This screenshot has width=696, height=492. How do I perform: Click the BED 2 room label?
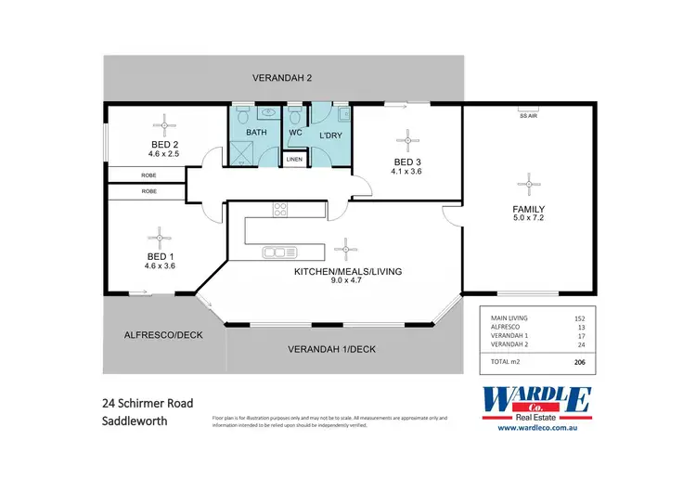click(162, 144)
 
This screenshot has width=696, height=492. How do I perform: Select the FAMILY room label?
click(528, 209)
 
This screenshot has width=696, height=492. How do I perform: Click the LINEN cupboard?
click(294, 160)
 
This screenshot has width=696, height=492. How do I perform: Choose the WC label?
click(296, 133)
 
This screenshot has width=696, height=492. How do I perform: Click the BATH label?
click(257, 133)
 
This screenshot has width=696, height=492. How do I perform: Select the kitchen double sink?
click(278, 252)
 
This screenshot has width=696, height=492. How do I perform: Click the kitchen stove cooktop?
click(280, 210)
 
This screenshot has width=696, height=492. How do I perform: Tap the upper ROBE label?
click(148, 175)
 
